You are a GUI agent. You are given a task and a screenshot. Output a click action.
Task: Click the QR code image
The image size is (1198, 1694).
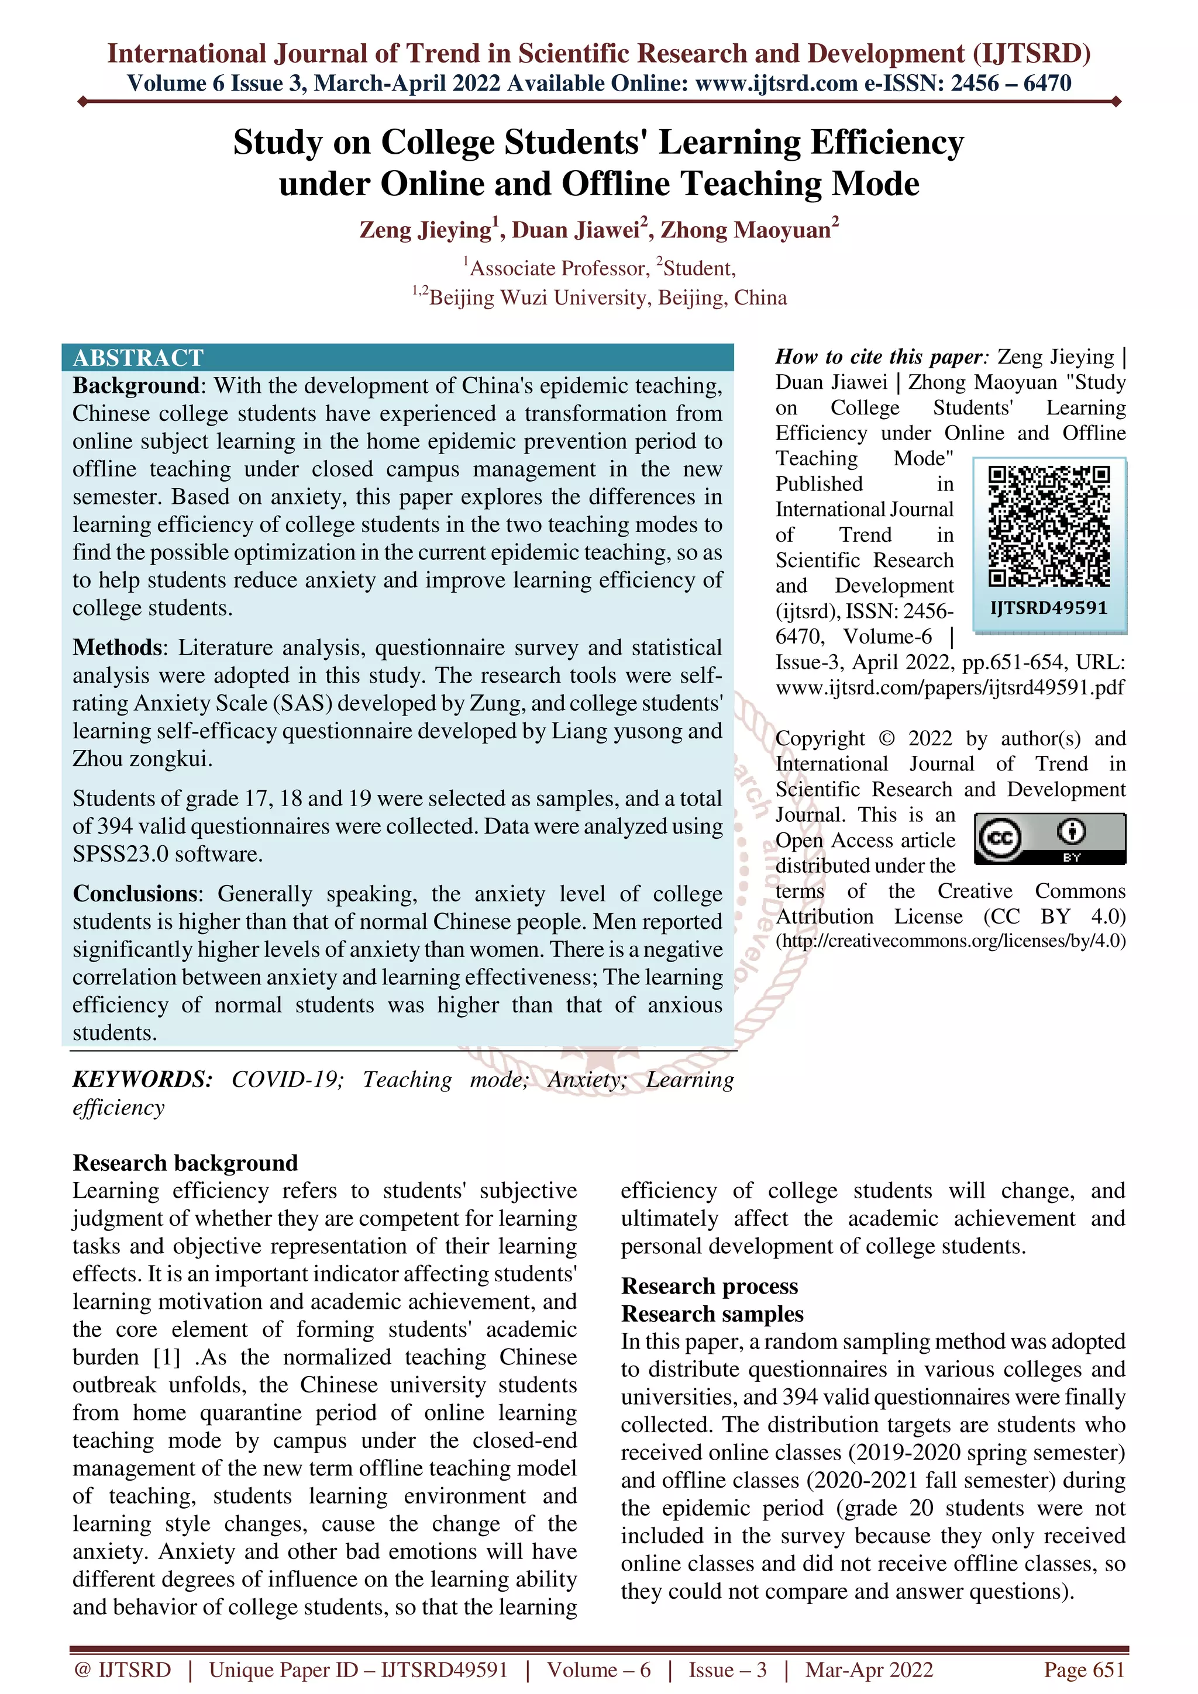click(x=1049, y=526)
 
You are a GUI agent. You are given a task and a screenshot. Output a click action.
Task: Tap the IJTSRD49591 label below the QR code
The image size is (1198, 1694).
click(x=1049, y=608)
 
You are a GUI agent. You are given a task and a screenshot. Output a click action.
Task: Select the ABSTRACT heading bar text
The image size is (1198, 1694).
click(x=138, y=358)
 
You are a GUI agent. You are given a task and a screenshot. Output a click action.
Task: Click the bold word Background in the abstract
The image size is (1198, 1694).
click(x=136, y=386)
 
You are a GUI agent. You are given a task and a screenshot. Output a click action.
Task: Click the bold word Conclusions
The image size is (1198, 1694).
click(x=135, y=894)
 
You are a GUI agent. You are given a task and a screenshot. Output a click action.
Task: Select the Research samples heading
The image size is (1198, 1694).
click(x=712, y=1314)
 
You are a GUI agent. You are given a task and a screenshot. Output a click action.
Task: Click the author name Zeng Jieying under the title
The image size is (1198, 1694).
click(x=426, y=230)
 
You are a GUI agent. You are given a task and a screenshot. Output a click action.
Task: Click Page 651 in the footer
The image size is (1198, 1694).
click(x=1083, y=1669)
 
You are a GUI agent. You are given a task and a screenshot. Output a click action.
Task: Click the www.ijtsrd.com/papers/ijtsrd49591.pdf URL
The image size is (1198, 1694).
click(x=950, y=687)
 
